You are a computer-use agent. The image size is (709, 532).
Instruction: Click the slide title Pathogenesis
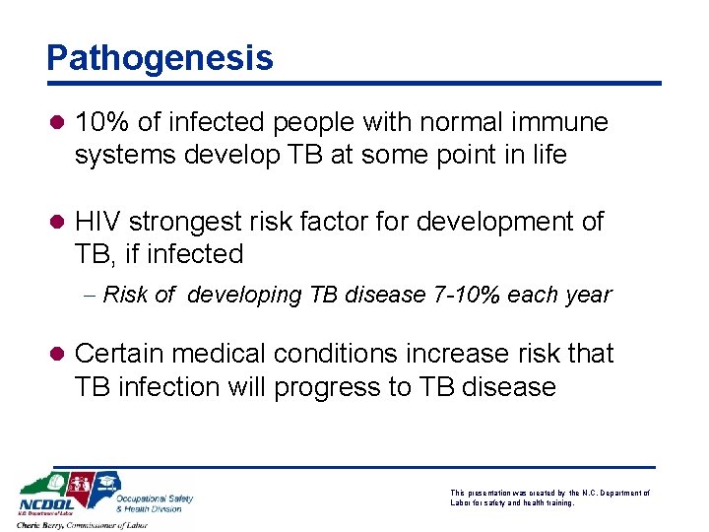point(160,58)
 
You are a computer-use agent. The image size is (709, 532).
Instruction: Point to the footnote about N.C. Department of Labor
point(548,498)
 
